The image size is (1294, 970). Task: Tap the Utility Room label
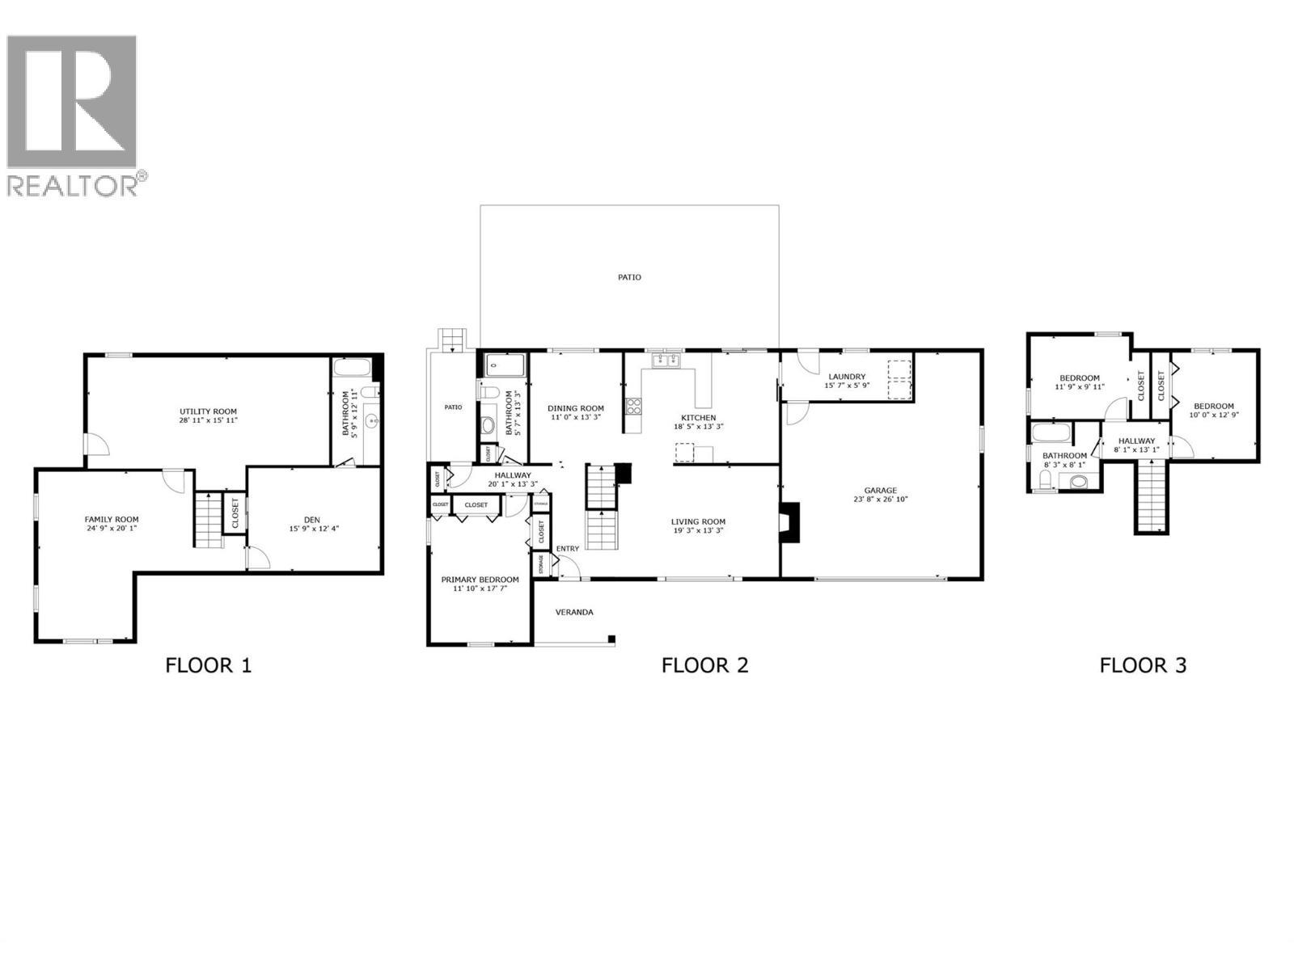pos(208,411)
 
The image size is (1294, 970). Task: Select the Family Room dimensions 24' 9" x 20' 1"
pos(112,529)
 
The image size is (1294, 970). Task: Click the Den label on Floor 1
pos(311,519)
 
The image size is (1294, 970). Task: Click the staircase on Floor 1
pos(207,519)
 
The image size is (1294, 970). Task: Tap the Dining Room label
pos(575,408)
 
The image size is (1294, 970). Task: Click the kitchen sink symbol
pos(667,360)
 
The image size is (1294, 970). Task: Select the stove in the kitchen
pos(633,407)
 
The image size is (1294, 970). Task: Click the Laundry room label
pos(847,377)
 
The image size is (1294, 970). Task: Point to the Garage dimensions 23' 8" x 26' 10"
pos(880,500)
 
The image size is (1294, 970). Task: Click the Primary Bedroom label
pos(480,580)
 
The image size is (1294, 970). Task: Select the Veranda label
pos(573,612)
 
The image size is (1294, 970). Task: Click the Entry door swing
pos(569,568)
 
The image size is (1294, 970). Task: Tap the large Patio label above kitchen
pos(629,277)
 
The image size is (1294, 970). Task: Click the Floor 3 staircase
pos(1152,495)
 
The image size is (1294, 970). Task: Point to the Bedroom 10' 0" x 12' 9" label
pos(1214,406)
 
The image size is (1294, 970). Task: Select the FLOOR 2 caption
pos(704,665)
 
